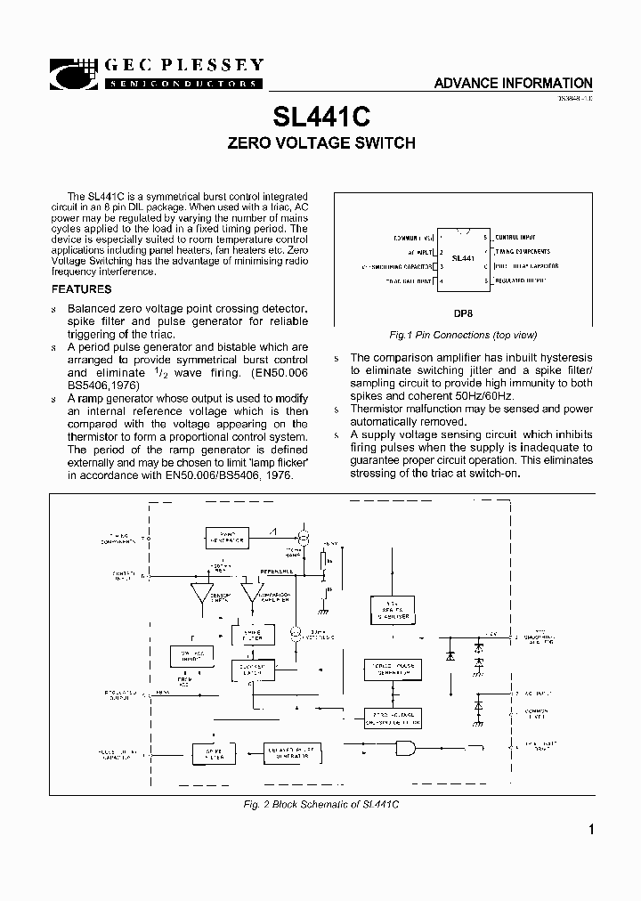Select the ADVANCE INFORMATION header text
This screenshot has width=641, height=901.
[513, 83]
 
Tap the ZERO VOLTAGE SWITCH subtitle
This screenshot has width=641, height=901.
[321, 143]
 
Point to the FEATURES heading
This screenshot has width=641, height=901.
[81, 289]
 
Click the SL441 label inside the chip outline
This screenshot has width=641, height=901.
[463, 258]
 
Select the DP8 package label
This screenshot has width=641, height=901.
[463, 313]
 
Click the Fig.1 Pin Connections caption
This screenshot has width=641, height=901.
[463, 335]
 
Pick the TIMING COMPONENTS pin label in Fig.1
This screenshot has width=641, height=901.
[523, 252]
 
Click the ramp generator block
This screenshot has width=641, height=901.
[227, 538]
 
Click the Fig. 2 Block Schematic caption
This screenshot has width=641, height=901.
[321, 804]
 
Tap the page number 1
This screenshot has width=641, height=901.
[592, 831]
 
